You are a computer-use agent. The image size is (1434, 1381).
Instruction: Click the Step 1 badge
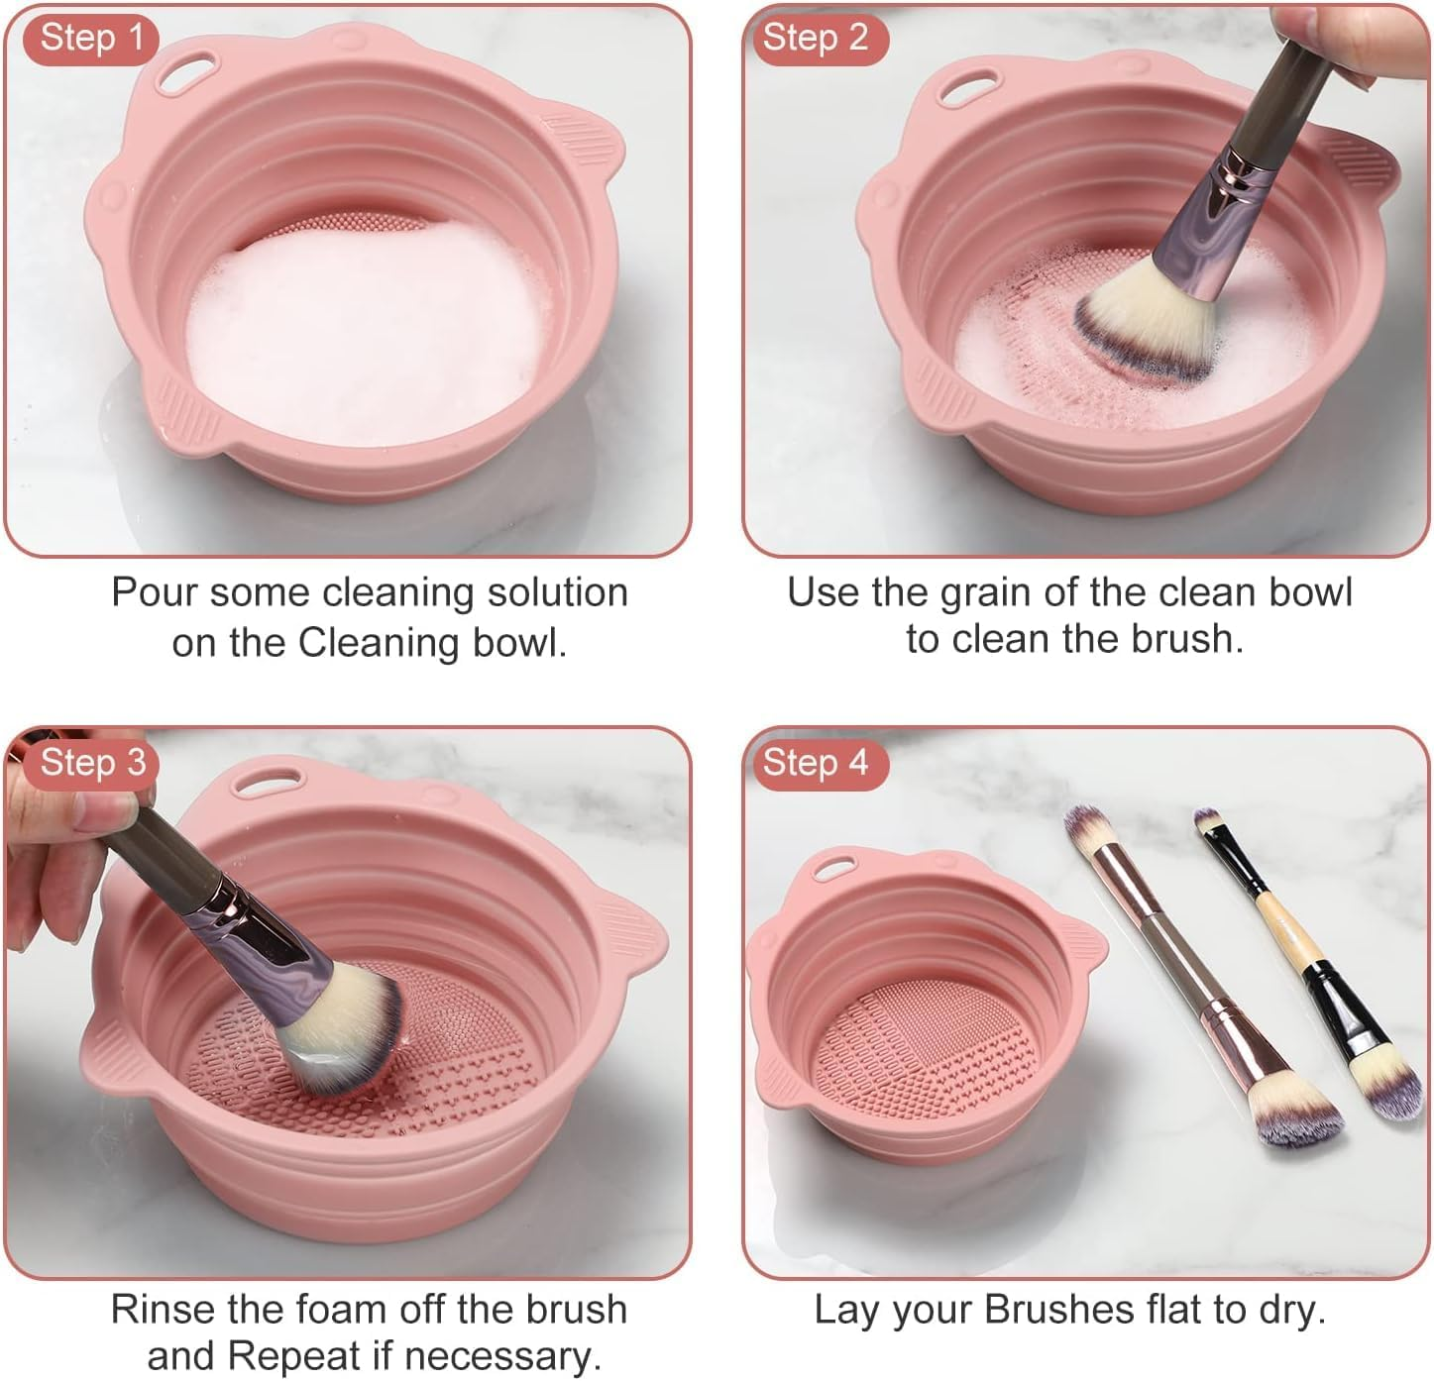(91, 39)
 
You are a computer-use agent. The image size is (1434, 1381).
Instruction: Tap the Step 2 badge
(815, 39)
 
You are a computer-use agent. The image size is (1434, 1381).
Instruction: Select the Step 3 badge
(91, 763)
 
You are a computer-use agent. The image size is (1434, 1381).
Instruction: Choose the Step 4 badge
(815, 763)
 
